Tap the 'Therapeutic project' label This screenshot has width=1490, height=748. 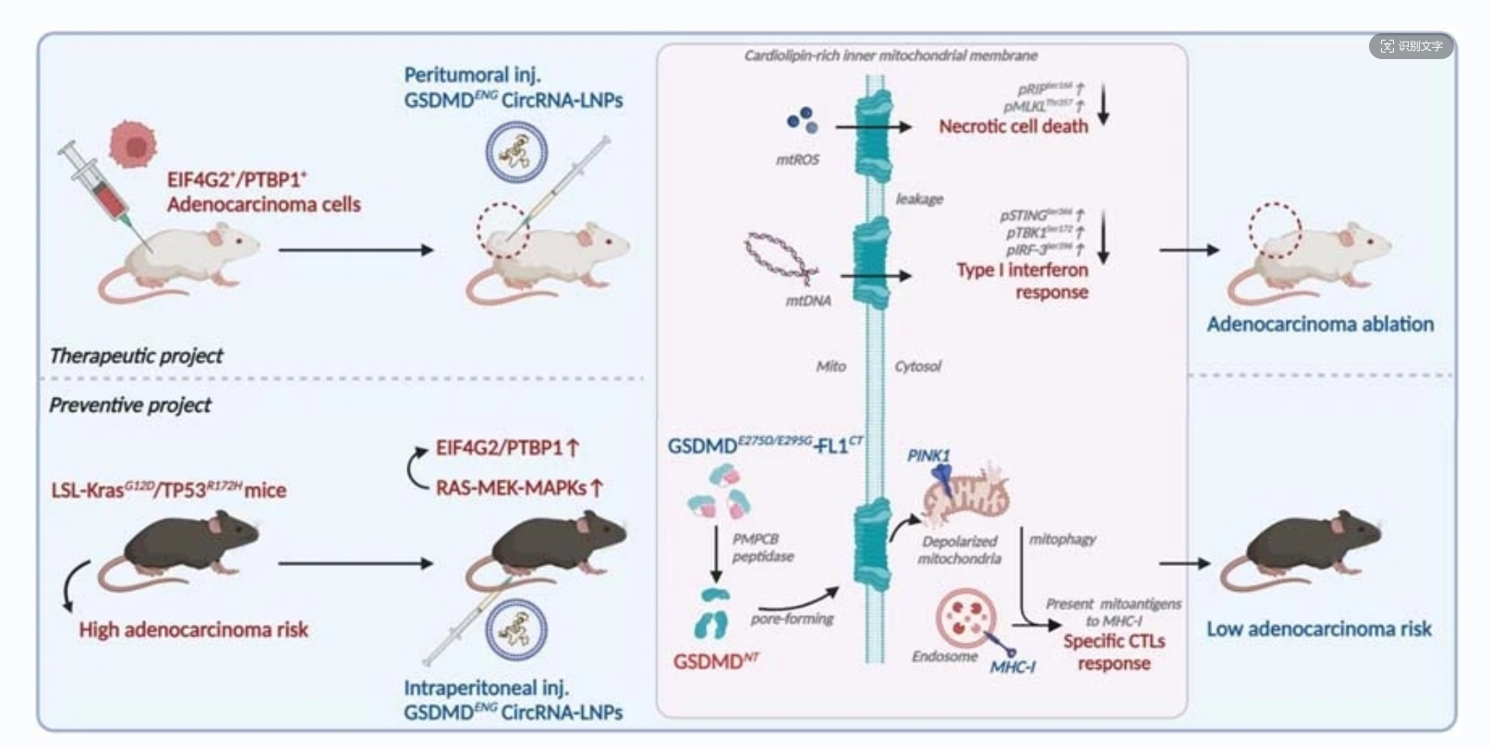tap(136, 356)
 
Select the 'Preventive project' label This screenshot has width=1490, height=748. tap(130, 404)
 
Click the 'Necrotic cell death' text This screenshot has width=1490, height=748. tap(1013, 127)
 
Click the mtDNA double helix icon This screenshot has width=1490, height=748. tap(781, 258)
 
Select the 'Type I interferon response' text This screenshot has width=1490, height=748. tap(1023, 281)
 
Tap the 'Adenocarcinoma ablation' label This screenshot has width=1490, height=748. tap(1320, 324)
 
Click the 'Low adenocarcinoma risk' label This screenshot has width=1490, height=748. tap(1318, 629)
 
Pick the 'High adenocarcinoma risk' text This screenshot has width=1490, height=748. tap(193, 630)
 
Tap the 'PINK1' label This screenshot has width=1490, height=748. tap(928, 455)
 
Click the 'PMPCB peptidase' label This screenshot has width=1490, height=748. tap(762, 548)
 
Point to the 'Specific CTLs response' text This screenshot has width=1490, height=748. tap(1114, 652)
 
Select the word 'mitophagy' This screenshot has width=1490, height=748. tap(1062, 538)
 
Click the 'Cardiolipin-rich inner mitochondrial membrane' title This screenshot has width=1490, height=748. tap(890, 55)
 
